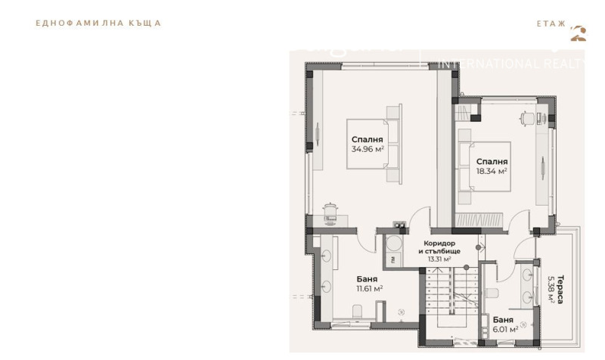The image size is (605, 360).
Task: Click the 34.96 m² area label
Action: click(368, 150)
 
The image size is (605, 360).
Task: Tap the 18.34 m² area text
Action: click(491, 172)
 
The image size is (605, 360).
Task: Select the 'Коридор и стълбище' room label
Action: click(439, 247)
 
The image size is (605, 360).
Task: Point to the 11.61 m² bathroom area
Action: click(369, 289)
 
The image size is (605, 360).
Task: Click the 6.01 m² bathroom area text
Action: click(504, 329)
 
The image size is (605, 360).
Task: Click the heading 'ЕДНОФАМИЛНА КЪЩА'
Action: click(98, 23)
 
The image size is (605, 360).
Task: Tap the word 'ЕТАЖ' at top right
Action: click(551, 23)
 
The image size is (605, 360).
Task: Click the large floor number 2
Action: click(579, 33)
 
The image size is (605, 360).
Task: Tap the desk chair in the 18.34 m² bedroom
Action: click(525, 116)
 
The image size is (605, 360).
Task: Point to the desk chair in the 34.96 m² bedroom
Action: click(330, 209)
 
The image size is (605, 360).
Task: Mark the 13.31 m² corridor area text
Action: click(439, 259)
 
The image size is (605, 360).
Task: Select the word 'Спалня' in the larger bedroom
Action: click(368, 140)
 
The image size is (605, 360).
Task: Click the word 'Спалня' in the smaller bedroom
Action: click(492, 162)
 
